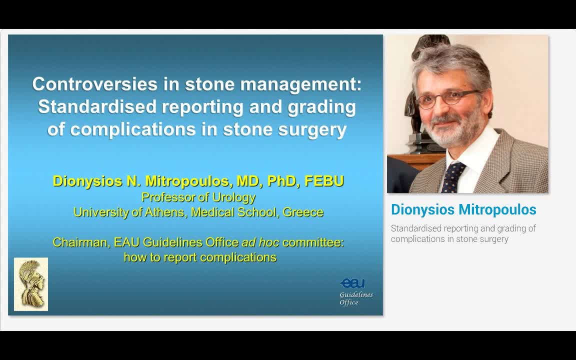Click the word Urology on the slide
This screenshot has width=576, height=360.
[x=233, y=197]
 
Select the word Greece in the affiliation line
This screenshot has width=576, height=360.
[x=303, y=212]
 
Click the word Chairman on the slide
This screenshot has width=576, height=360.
[x=80, y=242]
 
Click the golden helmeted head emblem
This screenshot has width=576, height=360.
[x=31, y=284]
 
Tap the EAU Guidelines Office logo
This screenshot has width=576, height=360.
[x=355, y=291]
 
